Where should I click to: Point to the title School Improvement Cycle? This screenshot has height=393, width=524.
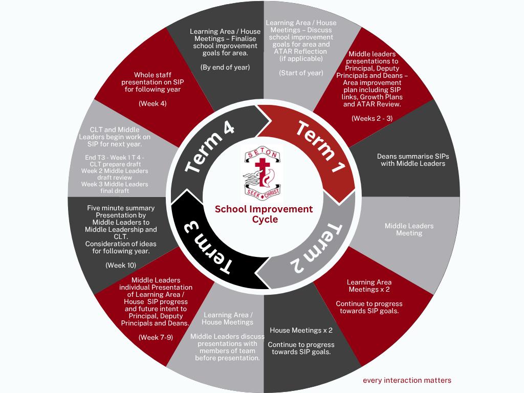(x=264, y=214)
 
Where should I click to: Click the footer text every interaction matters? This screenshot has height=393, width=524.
(x=407, y=380)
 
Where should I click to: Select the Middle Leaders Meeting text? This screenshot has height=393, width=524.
(x=409, y=229)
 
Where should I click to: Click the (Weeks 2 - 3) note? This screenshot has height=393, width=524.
(x=372, y=118)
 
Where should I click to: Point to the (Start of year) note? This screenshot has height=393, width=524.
(x=301, y=73)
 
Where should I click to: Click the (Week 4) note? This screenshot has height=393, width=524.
(x=152, y=103)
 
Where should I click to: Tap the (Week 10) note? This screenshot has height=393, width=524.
(x=121, y=265)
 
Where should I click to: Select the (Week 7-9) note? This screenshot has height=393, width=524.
(x=156, y=337)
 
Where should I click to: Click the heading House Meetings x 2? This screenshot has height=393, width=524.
(x=301, y=330)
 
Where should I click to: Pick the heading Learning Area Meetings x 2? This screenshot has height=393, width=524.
(x=369, y=286)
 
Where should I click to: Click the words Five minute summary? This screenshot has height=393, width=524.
(x=121, y=208)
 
